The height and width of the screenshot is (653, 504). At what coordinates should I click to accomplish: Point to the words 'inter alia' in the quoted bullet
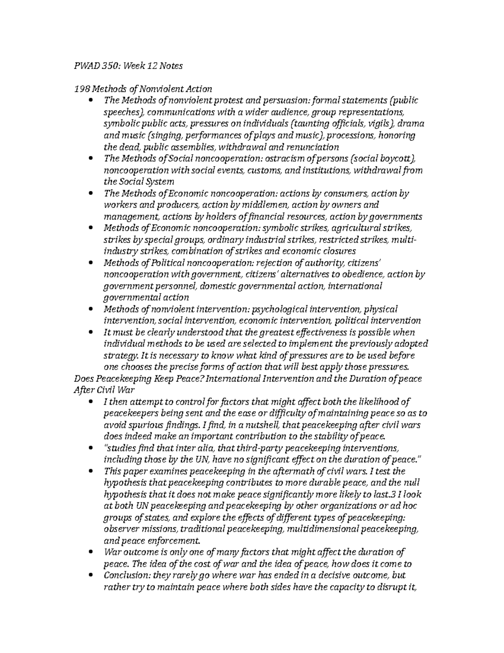click(x=173, y=448)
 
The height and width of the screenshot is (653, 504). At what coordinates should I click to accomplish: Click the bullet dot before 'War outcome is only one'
click(x=91, y=553)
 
